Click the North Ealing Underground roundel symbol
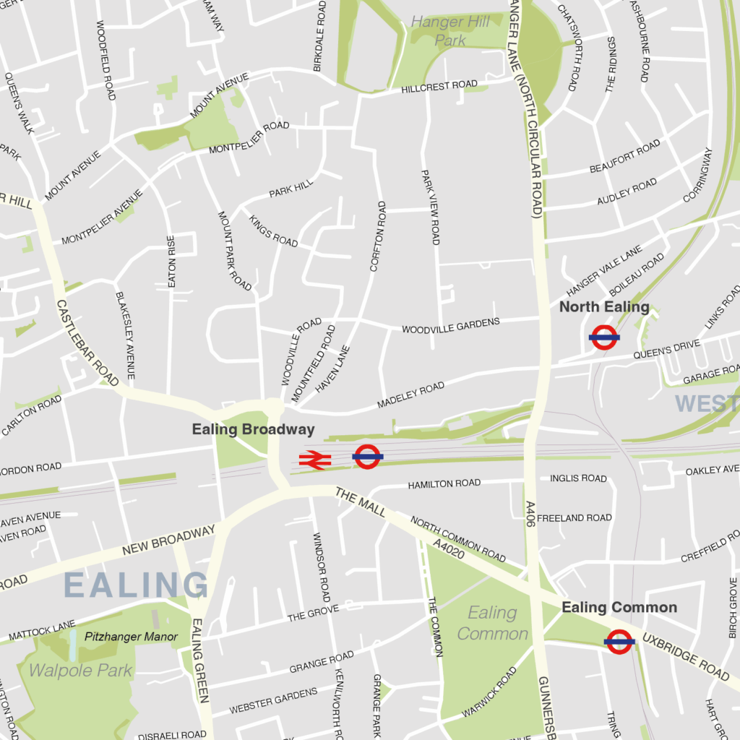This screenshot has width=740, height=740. (604, 337)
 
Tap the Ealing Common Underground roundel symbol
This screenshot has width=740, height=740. (619, 641)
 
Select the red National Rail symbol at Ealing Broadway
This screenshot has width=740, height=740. (315, 460)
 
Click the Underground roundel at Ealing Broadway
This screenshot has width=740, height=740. (367, 457)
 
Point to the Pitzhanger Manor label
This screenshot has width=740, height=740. (131, 637)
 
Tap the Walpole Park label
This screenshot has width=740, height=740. (80, 671)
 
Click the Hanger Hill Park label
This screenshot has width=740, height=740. (450, 31)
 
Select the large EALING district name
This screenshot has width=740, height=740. (136, 585)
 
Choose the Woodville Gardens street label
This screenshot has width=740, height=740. (451, 325)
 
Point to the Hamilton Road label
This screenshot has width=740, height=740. (444, 483)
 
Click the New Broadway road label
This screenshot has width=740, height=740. (168, 541)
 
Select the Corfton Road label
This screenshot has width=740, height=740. (378, 236)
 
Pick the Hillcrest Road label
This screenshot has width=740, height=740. (439, 86)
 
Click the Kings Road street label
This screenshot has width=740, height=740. (274, 231)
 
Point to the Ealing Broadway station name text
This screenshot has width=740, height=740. (253, 429)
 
